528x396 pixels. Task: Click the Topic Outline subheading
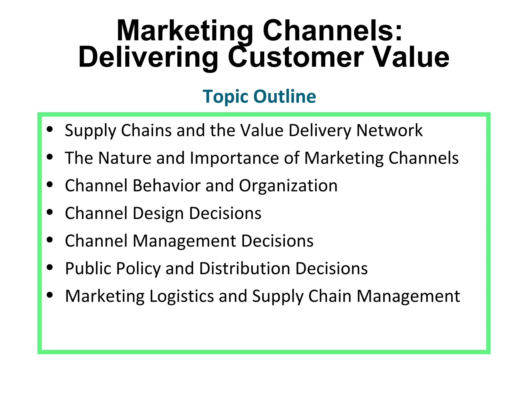click(x=259, y=96)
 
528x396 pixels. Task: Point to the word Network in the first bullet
click(x=389, y=130)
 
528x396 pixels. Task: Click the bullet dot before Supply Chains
click(x=50, y=129)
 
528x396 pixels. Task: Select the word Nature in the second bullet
click(x=125, y=158)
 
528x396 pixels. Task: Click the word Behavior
click(x=167, y=186)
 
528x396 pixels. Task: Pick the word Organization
click(x=288, y=186)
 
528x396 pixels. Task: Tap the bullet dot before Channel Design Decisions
click(x=50, y=212)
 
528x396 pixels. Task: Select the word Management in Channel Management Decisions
click(x=184, y=241)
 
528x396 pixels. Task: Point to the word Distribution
click(x=245, y=269)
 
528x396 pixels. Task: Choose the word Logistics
click(x=182, y=296)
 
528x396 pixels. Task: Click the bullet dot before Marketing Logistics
click(x=50, y=295)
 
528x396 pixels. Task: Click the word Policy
click(x=138, y=269)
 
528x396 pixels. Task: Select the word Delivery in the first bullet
click(x=320, y=130)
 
